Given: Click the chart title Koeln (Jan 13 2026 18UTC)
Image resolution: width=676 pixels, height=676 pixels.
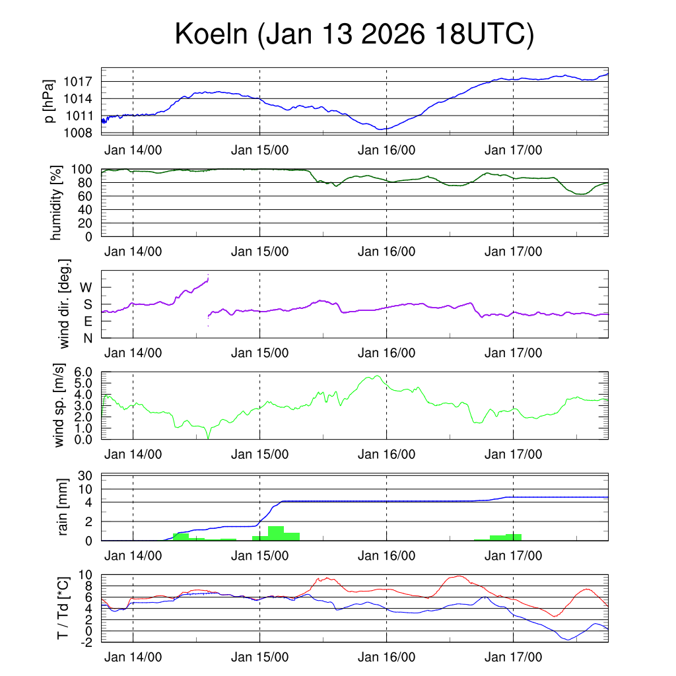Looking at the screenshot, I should click(x=354, y=35).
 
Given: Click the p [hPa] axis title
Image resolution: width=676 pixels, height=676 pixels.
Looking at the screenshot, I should click(x=50, y=101).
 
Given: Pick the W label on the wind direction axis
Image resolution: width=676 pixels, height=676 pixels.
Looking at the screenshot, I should click(x=86, y=287).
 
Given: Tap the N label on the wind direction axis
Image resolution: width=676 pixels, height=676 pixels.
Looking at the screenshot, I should click(x=86, y=339).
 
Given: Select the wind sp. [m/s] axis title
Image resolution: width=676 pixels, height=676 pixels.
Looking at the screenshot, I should click(x=59, y=405).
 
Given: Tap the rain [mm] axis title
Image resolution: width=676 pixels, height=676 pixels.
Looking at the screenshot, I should click(x=64, y=508).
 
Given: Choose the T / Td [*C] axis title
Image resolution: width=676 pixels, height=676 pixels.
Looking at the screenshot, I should click(x=64, y=608).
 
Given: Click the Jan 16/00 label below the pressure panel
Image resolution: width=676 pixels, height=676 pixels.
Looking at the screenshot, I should click(x=386, y=150).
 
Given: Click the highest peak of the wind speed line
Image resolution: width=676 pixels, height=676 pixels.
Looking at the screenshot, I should click(x=377, y=376).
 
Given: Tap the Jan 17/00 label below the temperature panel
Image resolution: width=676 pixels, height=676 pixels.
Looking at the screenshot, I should click(x=514, y=658).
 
